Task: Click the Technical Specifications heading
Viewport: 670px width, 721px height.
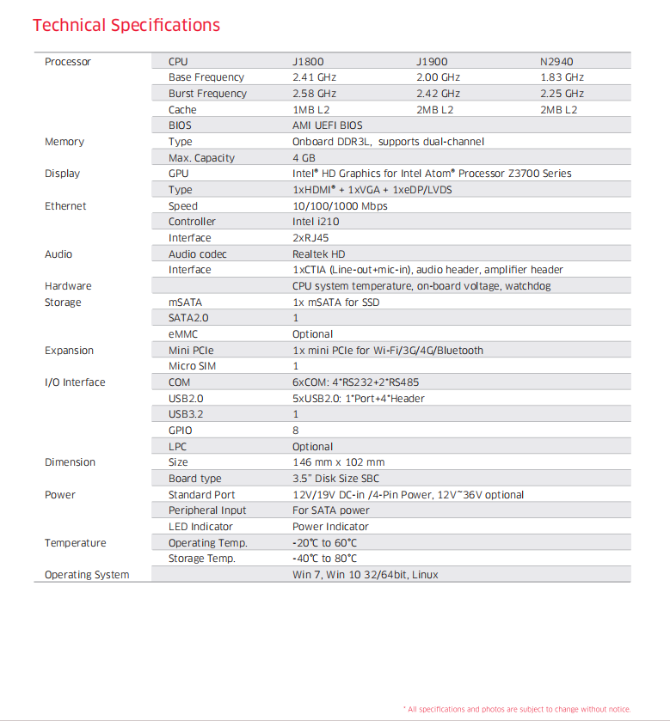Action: [x=126, y=25]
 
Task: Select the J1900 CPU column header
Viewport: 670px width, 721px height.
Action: [x=432, y=62]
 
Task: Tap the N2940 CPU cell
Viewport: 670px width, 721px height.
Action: [x=556, y=62]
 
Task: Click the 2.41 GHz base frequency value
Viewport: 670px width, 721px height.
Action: [x=314, y=77]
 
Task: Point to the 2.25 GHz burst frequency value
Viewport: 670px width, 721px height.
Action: [x=562, y=94]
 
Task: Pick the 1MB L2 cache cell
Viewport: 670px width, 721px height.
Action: [x=310, y=110]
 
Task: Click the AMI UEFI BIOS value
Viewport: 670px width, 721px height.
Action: [x=327, y=125]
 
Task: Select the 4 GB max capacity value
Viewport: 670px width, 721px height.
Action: [x=304, y=158]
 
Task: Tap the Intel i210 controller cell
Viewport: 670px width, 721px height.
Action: [x=316, y=222]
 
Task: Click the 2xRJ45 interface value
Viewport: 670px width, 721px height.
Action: [x=312, y=238]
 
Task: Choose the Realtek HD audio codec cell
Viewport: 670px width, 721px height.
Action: [x=318, y=254]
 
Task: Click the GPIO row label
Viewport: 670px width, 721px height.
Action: [x=181, y=431]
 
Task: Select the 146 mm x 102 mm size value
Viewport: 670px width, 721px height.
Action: [x=338, y=462]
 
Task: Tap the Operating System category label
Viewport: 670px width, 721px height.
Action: [x=87, y=575]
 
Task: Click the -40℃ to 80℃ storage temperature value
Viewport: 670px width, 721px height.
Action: [x=324, y=559]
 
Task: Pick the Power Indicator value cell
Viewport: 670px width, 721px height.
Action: [x=330, y=527]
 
